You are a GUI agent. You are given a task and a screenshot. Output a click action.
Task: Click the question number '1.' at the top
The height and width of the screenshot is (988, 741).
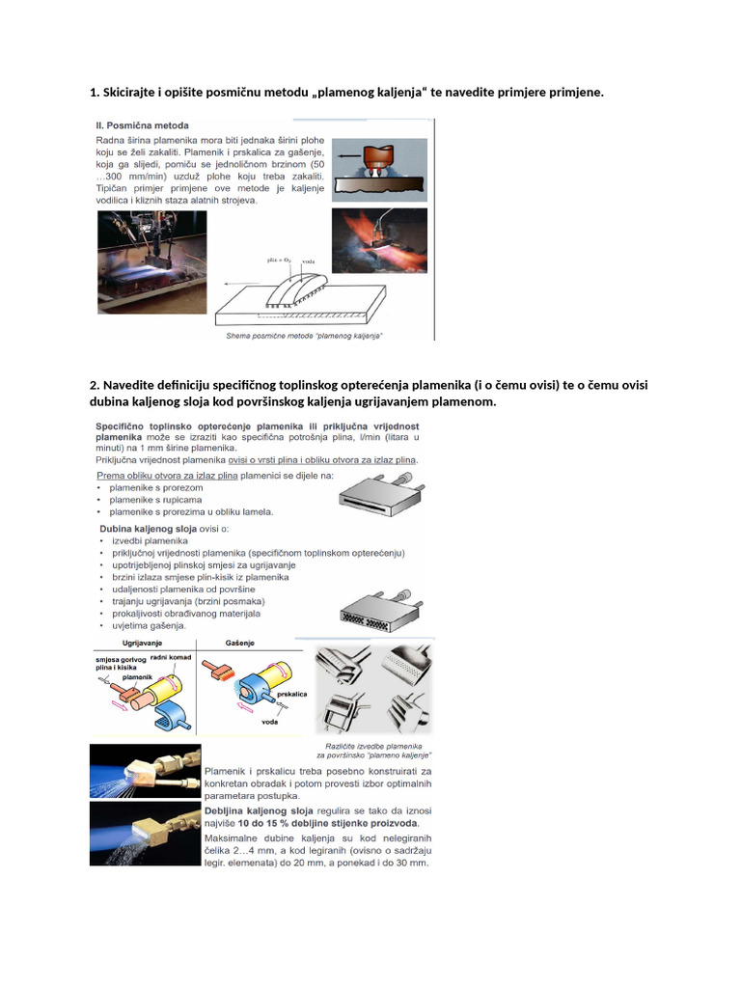pos(94,92)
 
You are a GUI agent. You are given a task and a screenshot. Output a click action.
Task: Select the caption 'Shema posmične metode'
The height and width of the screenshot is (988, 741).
pos(304,334)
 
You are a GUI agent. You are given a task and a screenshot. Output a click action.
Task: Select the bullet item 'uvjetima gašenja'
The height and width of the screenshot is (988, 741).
pos(150,625)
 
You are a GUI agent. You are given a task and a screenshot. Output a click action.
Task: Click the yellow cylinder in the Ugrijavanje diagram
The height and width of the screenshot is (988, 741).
pos(162,687)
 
